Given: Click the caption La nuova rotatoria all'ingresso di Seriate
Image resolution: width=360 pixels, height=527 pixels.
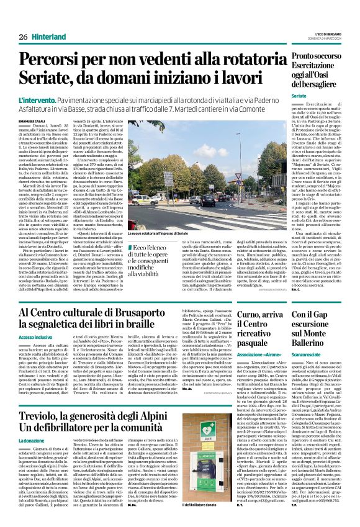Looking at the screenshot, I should click(x=162, y=233).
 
